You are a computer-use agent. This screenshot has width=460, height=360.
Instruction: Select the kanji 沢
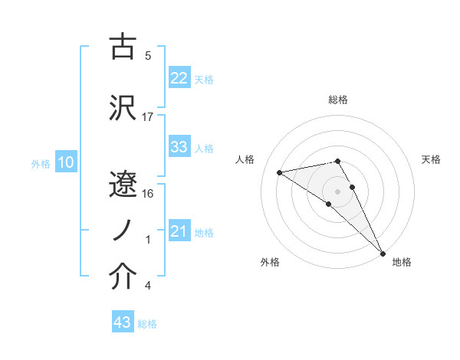coord(123,107)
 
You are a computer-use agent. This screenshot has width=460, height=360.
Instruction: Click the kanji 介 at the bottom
coord(123,278)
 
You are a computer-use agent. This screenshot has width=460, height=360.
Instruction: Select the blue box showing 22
coord(179,79)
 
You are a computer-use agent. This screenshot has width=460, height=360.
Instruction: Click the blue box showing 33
coord(179,148)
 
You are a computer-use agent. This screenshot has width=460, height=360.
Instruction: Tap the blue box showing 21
coord(179,232)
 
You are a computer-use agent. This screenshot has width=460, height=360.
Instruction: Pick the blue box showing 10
coord(65,162)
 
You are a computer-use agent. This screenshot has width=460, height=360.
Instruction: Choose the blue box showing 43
coord(122,323)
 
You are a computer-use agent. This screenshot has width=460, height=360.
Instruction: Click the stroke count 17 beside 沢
coord(148,117)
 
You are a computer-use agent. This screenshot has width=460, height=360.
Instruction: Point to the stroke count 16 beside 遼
coord(148,194)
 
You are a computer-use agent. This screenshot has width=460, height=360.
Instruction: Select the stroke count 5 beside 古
coord(148,56)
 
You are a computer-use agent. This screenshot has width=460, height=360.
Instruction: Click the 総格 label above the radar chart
coord(337,100)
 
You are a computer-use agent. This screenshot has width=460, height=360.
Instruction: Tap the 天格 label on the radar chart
coord(431,159)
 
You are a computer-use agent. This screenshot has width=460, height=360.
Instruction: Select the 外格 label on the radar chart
coord(270,263)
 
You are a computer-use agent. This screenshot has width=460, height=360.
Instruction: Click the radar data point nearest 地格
coord(383,253)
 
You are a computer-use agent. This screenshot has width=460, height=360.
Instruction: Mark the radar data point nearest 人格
coord(280,172)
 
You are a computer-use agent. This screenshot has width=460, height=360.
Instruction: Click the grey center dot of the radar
coord(337,190)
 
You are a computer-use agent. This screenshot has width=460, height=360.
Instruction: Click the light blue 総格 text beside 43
coord(147,324)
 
